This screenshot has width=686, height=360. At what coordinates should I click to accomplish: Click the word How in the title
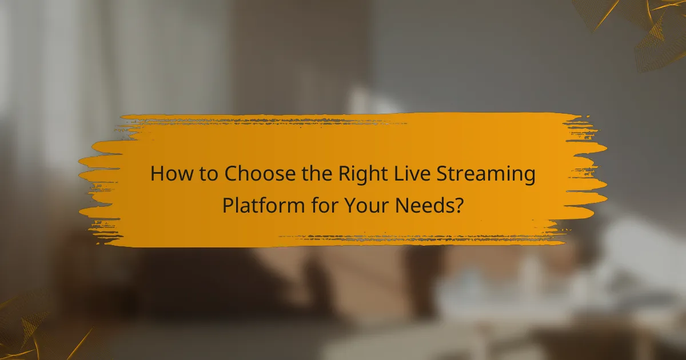tap(169, 174)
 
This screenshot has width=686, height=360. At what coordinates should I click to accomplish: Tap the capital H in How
tap(156, 174)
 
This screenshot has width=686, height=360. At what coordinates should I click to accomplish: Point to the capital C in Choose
tap(231, 174)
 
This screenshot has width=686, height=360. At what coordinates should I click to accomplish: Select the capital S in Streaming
tap(450, 174)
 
